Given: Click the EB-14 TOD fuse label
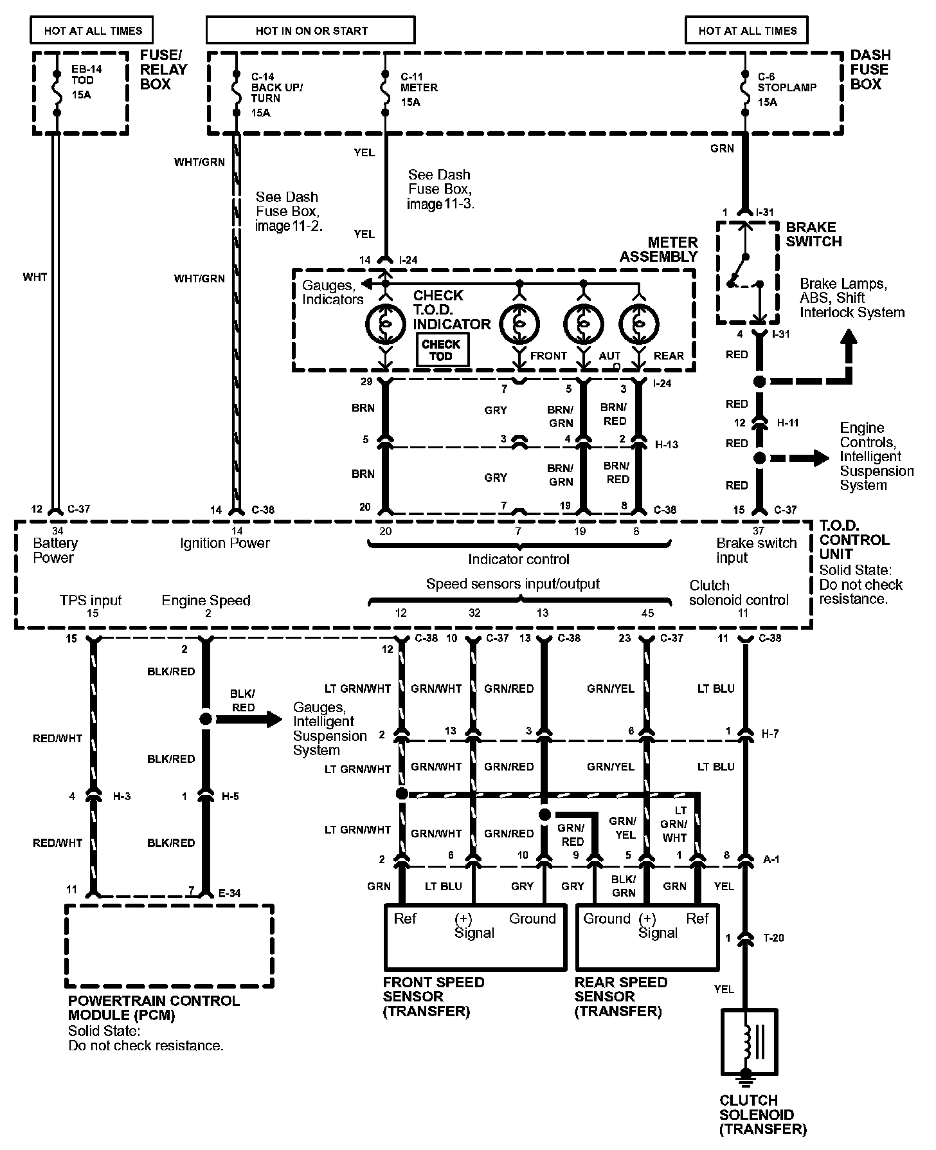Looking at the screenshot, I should pyautogui.click(x=82, y=80).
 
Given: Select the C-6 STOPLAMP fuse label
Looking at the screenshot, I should pyautogui.click(x=786, y=88).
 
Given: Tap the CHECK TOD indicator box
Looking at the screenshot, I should pyautogui.click(x=441, y=351).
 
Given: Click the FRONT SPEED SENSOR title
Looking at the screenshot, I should pyautogui.click(x=433, y=996).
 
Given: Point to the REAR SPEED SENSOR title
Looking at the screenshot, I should pyautogui.click(x=620, y=996).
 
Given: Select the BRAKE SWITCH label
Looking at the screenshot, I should pyautogui.click(x=813, y=234).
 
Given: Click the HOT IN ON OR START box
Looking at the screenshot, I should pyautogui.click(x=311, y=30).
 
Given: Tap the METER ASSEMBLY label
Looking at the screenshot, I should pyautogui.click(x=658, y=250).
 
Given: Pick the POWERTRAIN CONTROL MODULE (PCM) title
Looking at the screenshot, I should pyautogui.click(x=154, y=1008).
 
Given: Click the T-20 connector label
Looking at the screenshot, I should pyautogui.click(x=773, y=938).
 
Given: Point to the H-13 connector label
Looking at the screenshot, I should pyautogui.click(x=666, y=444).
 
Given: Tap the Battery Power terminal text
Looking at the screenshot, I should pyautogui.click(x=55, y=550).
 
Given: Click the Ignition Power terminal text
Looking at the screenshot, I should pyautogui.click(x=224, y=543).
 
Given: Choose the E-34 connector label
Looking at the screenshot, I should pyautogui.click(x=233, y=893).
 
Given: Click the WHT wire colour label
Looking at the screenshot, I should pyautogui.click(x=35, y=277).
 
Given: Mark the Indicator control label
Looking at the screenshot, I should pyautogui.click(x=518, y=559).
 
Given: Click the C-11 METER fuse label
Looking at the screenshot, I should pyautogui.click(x=419, y=88).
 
